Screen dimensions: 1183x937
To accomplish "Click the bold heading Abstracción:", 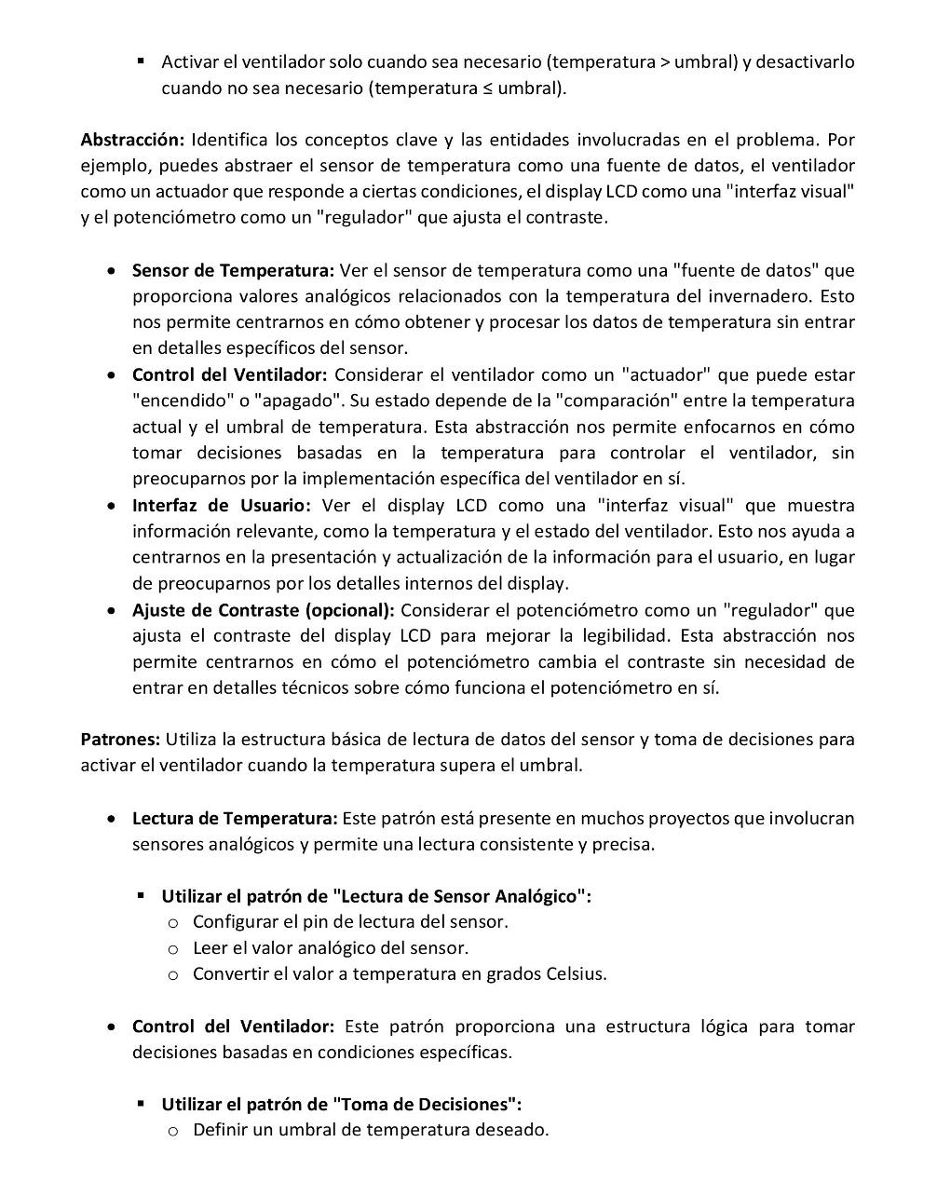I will [132, 141].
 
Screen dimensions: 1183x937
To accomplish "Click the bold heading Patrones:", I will [120, 740].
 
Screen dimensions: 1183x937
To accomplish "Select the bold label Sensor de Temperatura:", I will [233, 271].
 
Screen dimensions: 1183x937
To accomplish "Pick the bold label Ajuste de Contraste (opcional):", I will [264, 610].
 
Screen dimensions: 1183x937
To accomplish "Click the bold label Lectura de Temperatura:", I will [235, 819].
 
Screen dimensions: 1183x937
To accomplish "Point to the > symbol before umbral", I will [665, 62].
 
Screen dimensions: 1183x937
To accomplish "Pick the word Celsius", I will [576, 974].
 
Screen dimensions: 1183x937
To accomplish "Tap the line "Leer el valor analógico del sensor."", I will [330, 948].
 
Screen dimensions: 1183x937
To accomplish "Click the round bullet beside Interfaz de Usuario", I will [112, 507].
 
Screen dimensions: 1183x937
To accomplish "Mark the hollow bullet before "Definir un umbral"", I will [172, 1132].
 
